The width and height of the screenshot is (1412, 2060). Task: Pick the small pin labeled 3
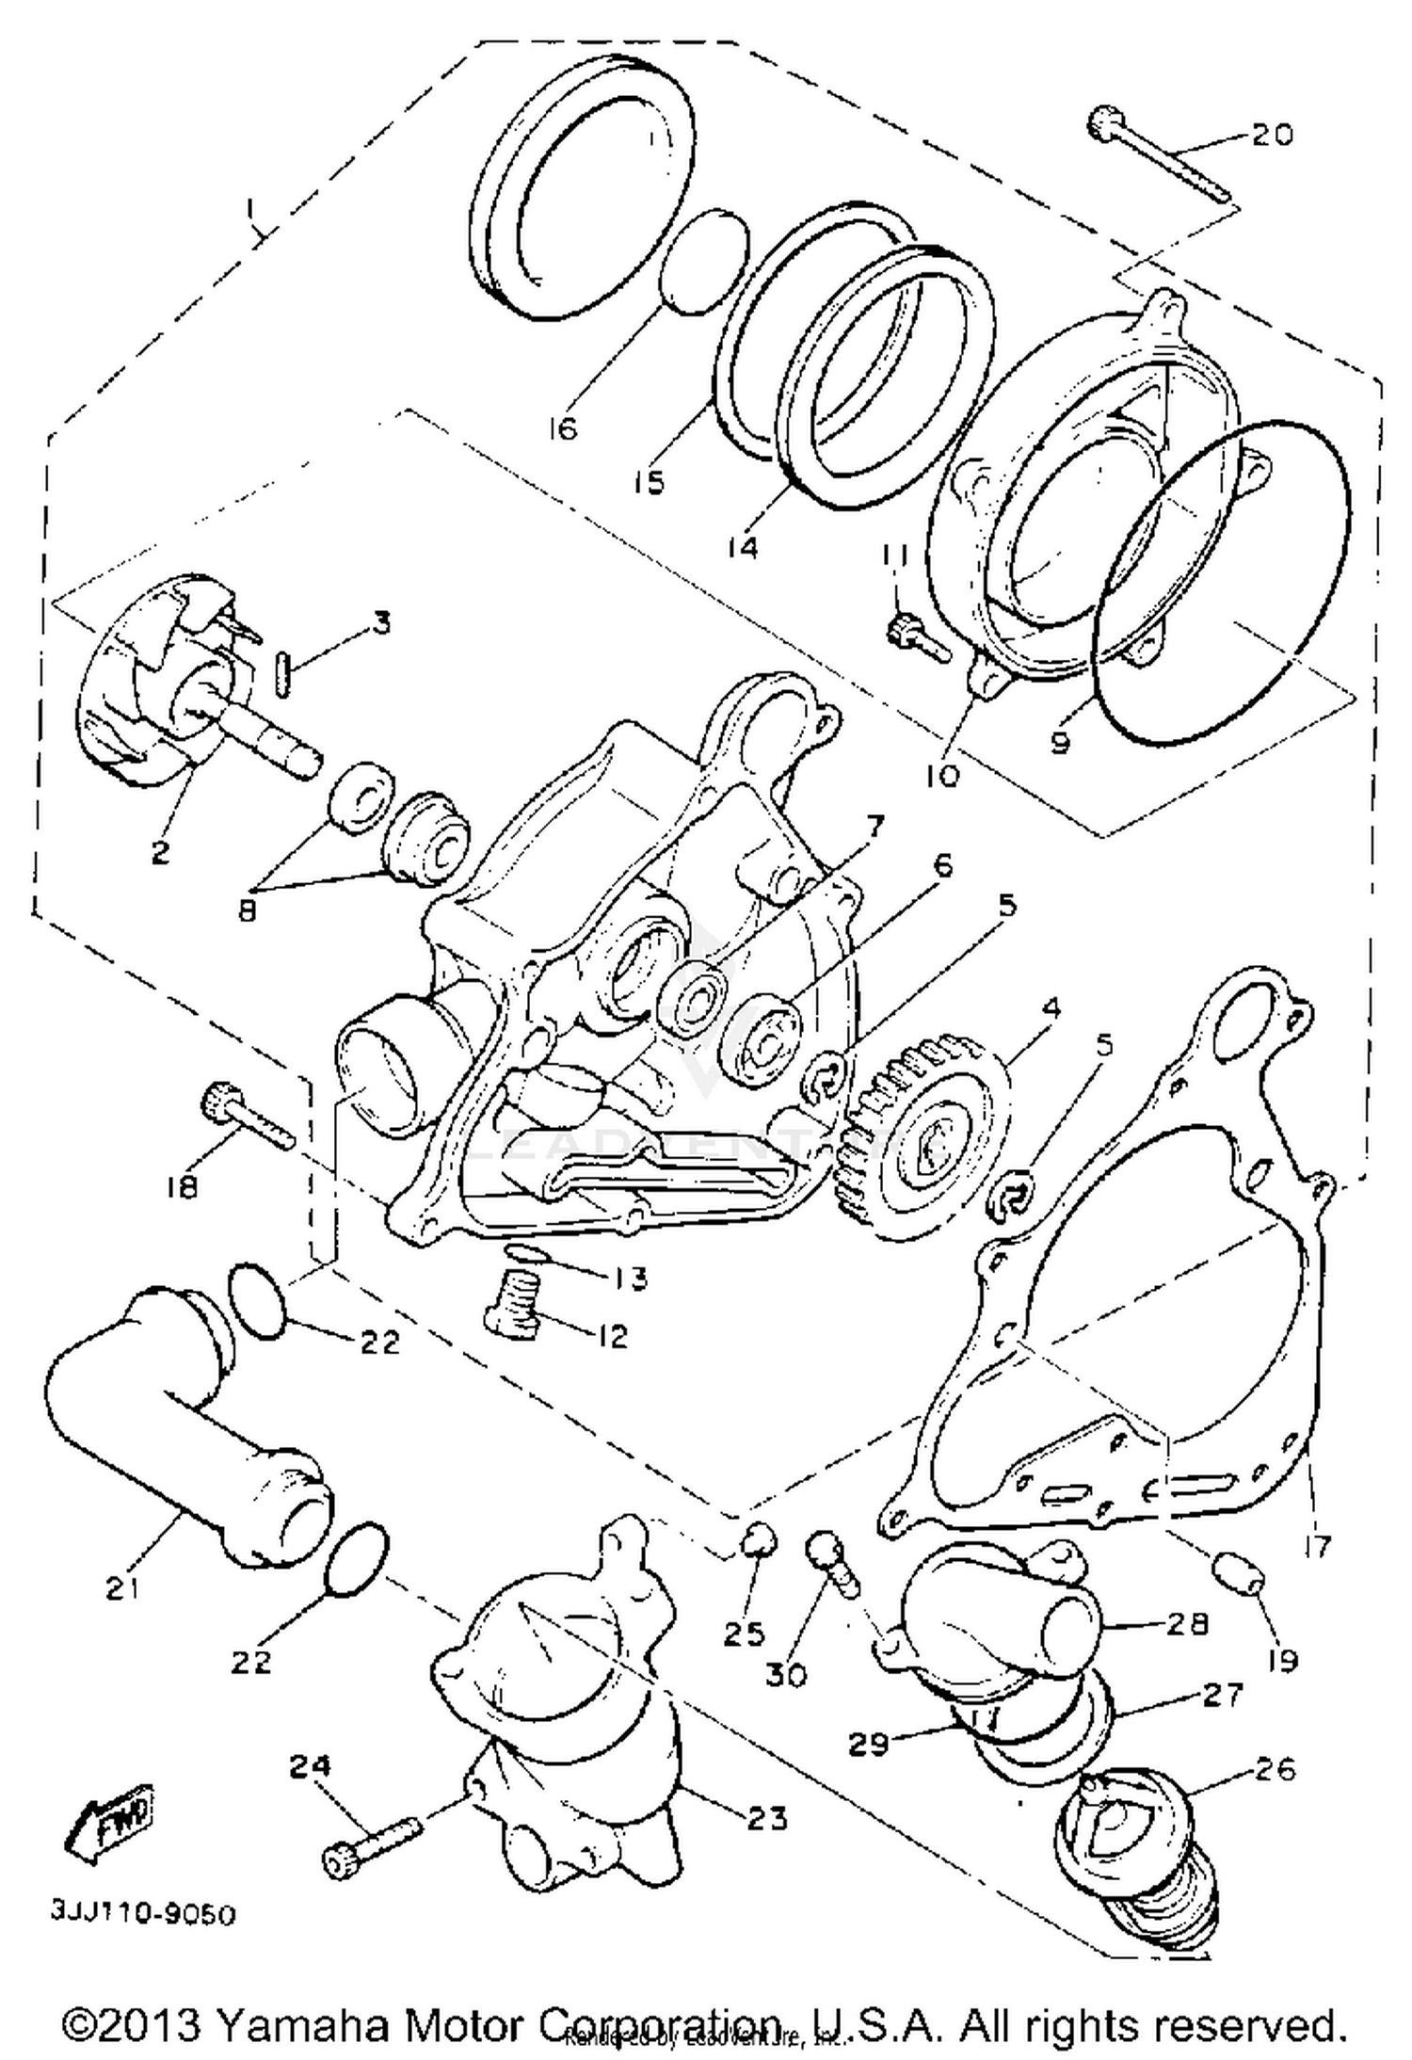pyautogui.click(x=287, y=676)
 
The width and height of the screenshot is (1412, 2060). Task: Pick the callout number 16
pyautogui.click(x=561, y=429)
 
